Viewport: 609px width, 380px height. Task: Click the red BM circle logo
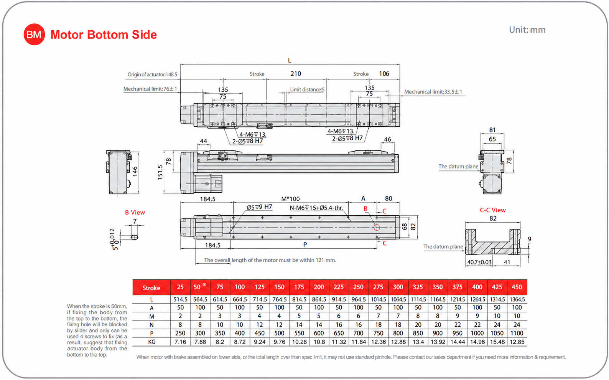pyautogui.click(x=34, y=34)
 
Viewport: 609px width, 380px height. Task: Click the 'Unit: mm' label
pyautogui.click(x=527, y=30)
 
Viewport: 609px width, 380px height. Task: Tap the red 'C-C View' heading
pyautogui.click(x=493, y=210)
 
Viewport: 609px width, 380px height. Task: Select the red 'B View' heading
pyautogui.click(x=135, y=212)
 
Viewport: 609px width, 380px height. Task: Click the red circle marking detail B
pyautogui.click(x=377, y=228)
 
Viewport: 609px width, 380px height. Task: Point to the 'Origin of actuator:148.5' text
pyautogui.click(x=152, y=74)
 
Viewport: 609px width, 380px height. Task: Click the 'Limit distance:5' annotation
pyautogui.click(x=307, y=89)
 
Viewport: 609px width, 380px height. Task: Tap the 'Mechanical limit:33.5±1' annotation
pyautogui.click(x=433, y=92)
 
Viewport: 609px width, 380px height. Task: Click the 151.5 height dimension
pyautogui.click(x=160, y=172)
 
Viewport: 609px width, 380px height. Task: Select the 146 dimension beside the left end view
pyautogui.click(x=135, y=172)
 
